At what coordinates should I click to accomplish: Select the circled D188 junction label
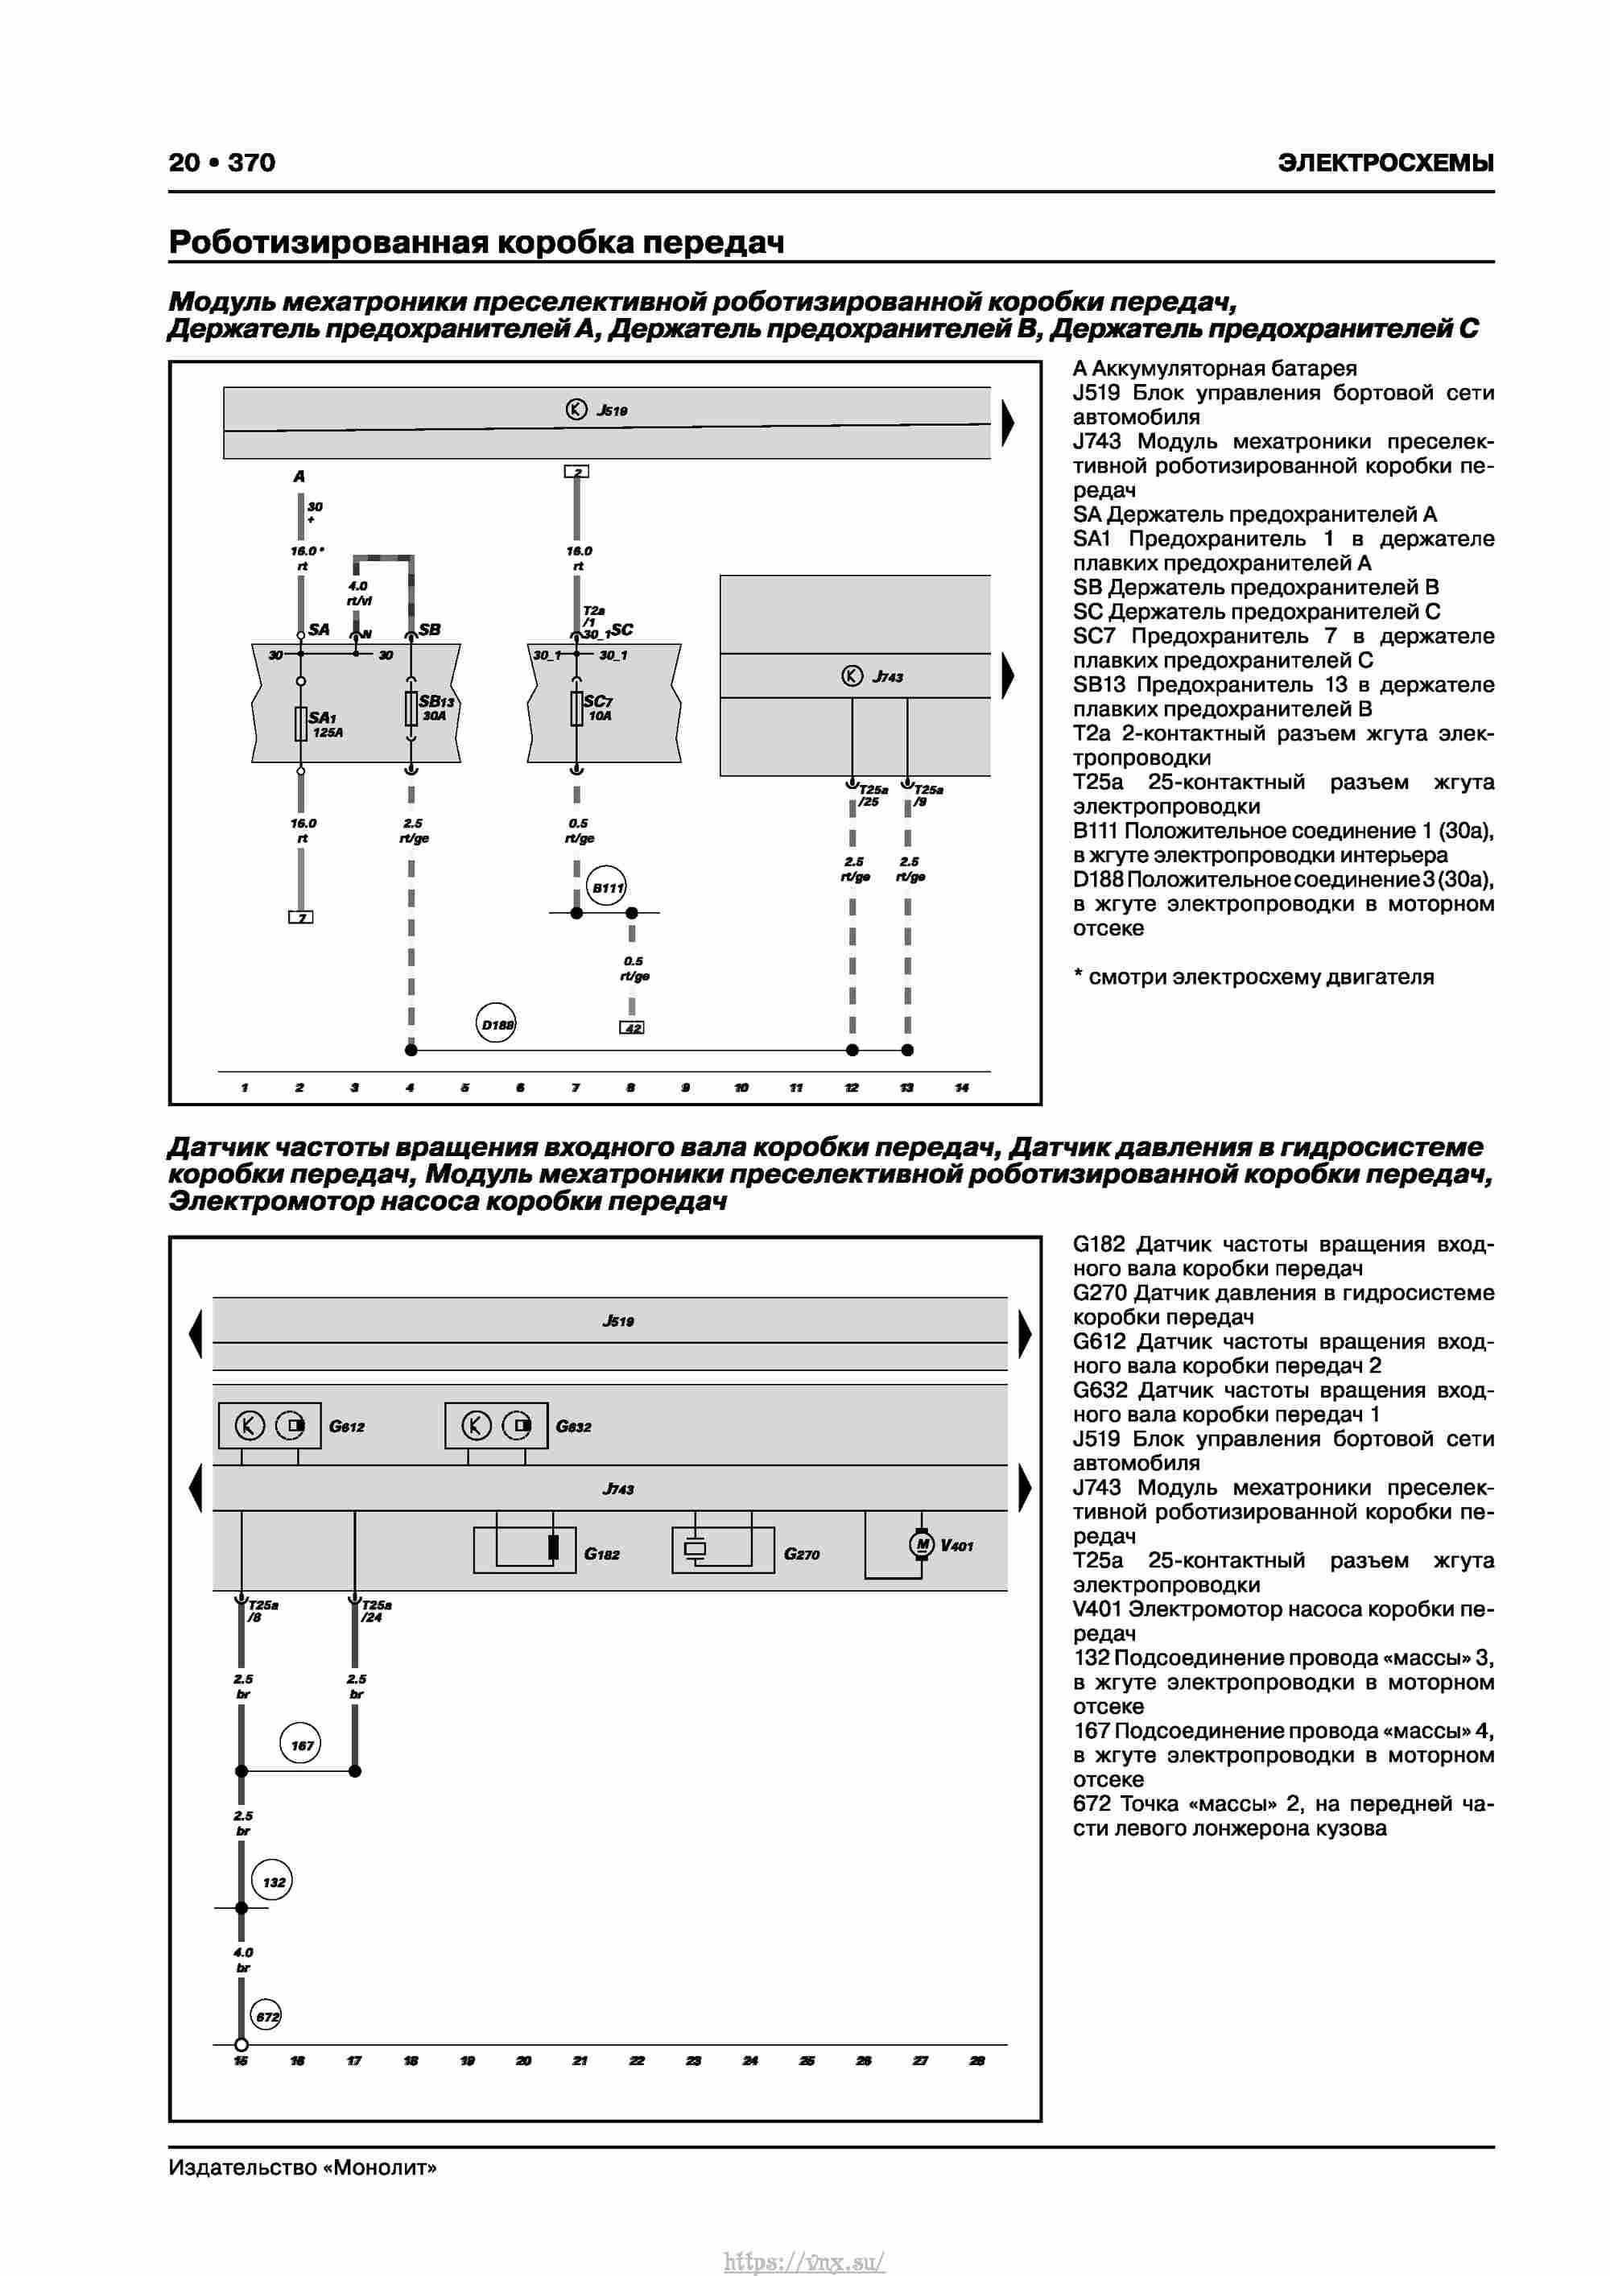tap(497, 1024)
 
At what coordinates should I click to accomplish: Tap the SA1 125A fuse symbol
tap(300, 724)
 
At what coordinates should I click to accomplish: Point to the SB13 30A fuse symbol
tap(411, 708)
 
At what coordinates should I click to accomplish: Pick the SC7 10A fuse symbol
tap(577, 708)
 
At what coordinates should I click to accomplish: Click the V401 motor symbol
tap(922, 1544)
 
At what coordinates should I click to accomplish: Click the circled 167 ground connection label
tap(301, 1745)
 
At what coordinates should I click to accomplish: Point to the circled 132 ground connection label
tap(273, 1882)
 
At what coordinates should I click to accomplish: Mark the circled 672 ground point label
tap(266, 2016)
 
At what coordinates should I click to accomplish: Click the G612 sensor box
tap(270, 1426)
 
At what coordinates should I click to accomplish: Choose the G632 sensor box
tap(496, 1426)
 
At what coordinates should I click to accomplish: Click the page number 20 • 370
tap(222, 163)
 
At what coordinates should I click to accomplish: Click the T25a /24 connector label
tap(375, 1611)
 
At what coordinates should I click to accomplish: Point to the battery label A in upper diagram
tap(299, 477)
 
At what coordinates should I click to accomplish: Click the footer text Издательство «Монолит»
tap(303, 2167)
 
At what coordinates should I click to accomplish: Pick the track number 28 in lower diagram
tap(976, 2061)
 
